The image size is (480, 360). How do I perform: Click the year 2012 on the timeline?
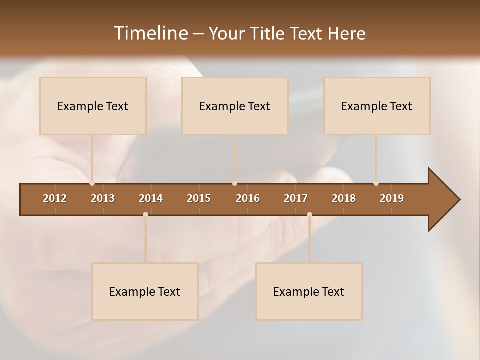[55, 198]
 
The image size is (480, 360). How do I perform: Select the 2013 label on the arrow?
[103, 198]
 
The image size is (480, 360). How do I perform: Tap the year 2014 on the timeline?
[151, 198]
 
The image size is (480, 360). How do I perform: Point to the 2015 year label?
[199, 198]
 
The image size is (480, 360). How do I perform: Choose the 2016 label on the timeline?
[248, 198]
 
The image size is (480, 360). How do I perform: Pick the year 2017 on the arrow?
[296, 198]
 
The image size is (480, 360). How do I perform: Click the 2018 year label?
[344, 198]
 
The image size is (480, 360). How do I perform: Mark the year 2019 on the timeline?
[392, 198]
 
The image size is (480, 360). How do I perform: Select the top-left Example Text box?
[93, 106]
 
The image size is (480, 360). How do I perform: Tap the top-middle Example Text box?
[235, 106]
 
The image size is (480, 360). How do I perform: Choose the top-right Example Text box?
[377, 106]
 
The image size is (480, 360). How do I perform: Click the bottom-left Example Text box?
[145, 291]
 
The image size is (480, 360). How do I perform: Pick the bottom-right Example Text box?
[309, 291]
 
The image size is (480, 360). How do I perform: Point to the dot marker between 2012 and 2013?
[92, 183]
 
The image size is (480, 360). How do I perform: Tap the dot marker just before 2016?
[234, 183]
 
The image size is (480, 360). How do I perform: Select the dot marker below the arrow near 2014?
[145, 214]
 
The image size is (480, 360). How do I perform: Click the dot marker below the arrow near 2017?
[309, 214]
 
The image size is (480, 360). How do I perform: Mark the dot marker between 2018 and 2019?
[376, 183]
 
